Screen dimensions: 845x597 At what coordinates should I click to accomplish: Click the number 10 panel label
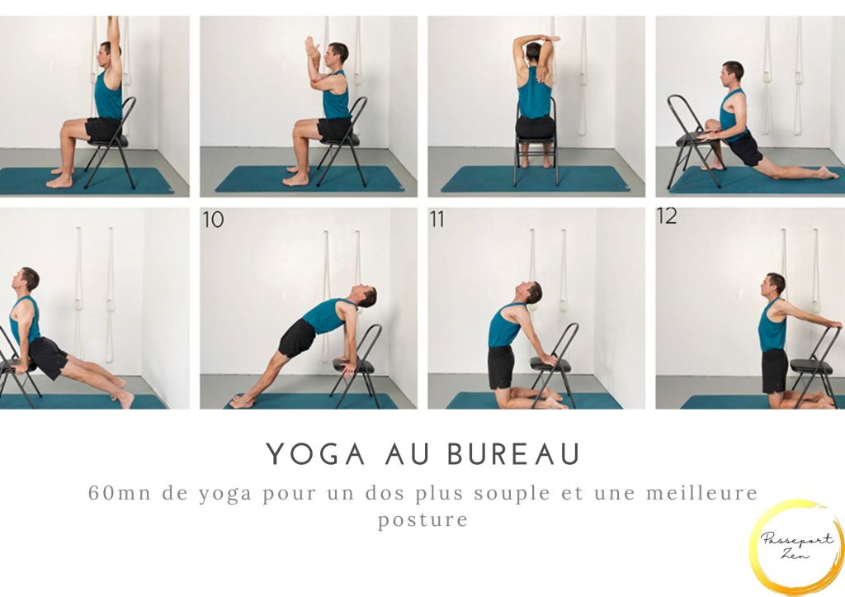pos(213,220)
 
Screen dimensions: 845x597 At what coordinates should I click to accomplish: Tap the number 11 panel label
pos(437,220)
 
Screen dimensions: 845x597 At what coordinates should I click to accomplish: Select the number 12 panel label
pos(667,216)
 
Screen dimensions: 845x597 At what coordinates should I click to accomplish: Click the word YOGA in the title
pos(316,454)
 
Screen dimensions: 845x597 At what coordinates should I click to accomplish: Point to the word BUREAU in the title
pos(514,454)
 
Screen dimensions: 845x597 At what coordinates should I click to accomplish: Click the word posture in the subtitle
pos(422,520)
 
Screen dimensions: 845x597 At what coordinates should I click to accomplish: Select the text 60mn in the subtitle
pos(120,493)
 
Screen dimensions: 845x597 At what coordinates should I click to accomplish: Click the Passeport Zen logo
pos(796,547)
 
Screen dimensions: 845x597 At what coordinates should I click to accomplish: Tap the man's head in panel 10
pos(367,296)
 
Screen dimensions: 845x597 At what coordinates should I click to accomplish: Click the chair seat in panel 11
pos(550,365)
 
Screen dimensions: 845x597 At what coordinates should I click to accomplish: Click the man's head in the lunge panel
pos(734,73)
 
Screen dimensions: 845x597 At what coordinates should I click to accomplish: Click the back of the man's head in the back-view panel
pos(534,52)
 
